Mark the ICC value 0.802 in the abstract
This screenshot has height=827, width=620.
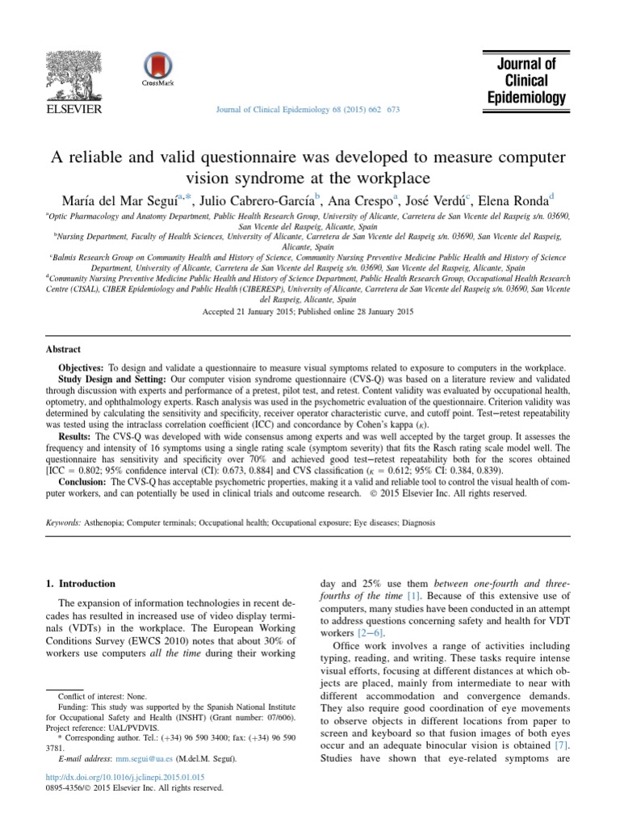click(94, 470)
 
